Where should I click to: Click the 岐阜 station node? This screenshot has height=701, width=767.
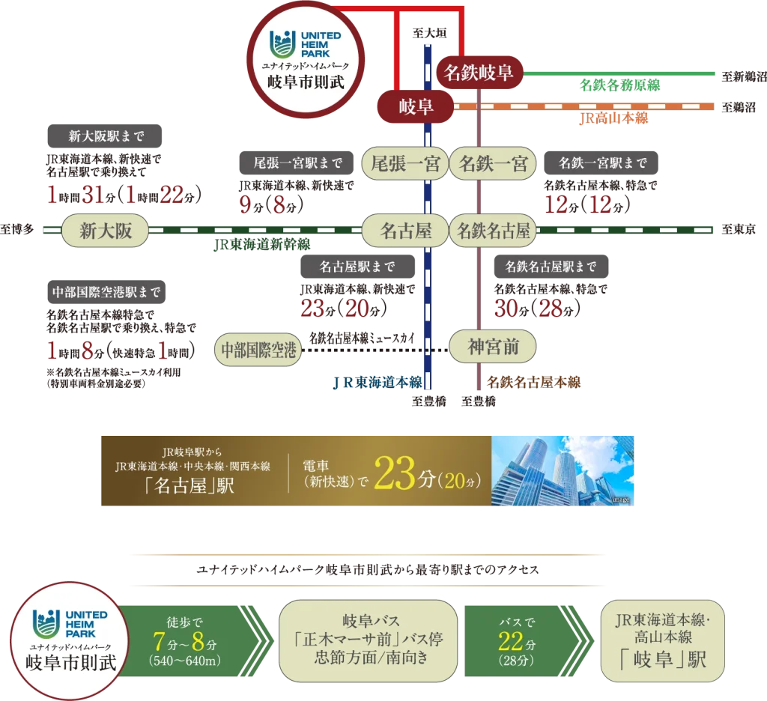415,108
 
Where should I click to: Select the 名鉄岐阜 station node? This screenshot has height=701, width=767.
479,73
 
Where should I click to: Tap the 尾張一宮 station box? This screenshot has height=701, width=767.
405,163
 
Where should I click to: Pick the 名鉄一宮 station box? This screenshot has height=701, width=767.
493,163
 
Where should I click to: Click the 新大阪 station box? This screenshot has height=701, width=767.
106,231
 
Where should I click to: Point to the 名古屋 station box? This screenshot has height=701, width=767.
405,231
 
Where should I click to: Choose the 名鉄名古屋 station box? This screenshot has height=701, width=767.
493,231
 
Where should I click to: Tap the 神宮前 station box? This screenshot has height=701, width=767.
493,347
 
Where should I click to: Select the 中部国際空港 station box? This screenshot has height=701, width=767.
259,349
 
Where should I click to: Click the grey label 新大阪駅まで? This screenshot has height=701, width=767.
106,136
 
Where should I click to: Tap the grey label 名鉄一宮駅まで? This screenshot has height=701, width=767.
603,163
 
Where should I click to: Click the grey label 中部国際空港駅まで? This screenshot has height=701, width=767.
106,292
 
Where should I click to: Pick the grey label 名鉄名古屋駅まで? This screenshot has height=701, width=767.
551,266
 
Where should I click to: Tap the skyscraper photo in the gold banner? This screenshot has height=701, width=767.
563,470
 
